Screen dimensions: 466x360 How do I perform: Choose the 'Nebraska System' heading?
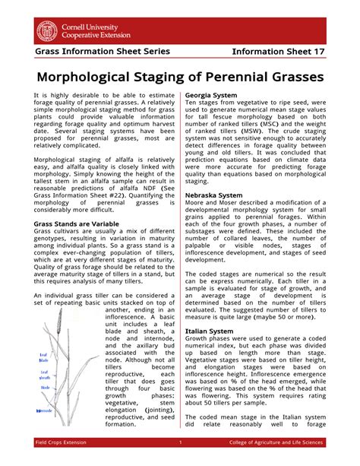pyautogui.click(x=216, y=195)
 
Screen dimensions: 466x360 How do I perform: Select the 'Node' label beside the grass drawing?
pyautogui.click(x=44, y=388)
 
